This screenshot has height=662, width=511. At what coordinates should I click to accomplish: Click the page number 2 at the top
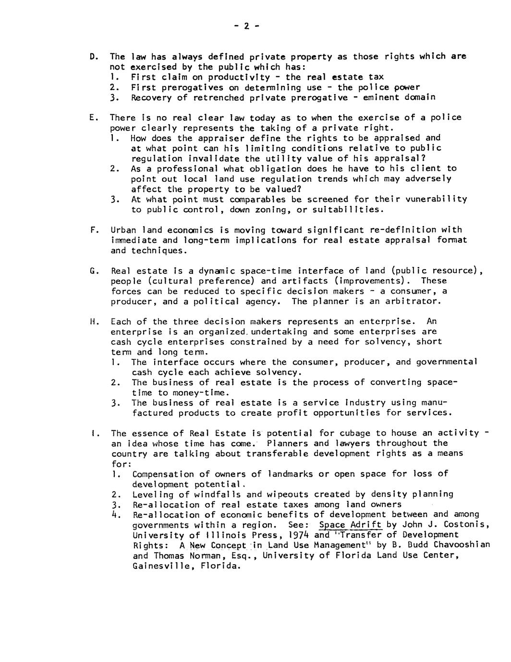[246, 26]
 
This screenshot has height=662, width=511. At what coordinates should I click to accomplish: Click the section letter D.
[92, 57]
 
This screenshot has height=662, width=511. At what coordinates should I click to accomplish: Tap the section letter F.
[92, 230]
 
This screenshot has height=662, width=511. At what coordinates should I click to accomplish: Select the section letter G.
[92, 271]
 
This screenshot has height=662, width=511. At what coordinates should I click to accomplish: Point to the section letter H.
[93, 322]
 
